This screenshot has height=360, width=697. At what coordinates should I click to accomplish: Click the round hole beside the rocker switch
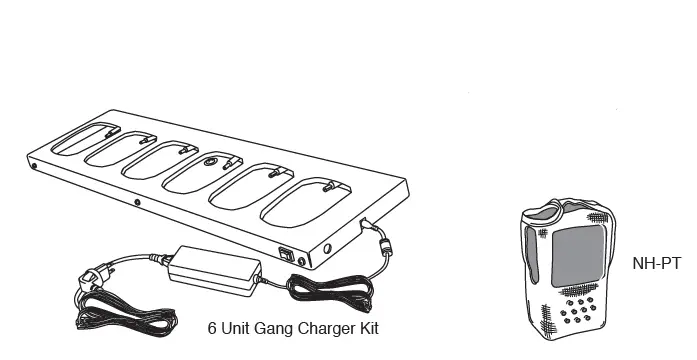click(327, 247)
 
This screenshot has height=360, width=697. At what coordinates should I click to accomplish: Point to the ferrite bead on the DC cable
click(382, 245)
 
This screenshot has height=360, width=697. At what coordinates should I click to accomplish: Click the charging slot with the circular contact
click(207, 166)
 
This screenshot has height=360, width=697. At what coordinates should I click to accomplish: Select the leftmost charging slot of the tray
click(85, 138)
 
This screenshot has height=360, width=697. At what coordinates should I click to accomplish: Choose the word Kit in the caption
click(368, 327)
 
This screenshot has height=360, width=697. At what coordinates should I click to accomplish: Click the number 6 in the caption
click(212, 327)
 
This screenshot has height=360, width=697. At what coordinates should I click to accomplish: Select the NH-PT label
click(656, 264)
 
